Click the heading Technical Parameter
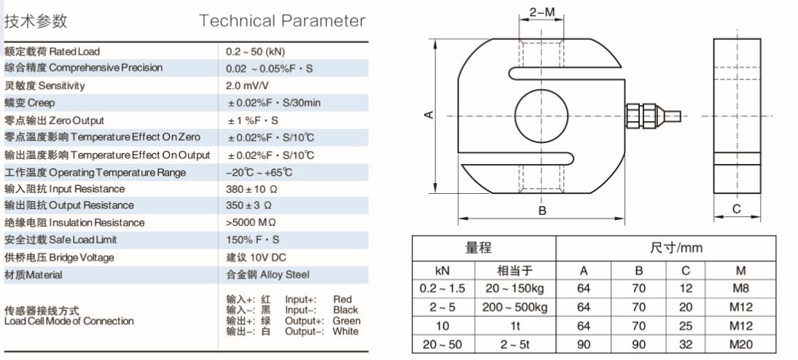tap(282, 21)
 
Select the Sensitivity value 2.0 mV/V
tap(248, 85)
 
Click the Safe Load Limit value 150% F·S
tap(252, 239)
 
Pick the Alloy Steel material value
tap(267, 275)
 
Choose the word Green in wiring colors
tap(347, 321)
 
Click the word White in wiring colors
tap(345, 332)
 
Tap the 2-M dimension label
tap(541, 12)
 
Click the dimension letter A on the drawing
tap(429, 114)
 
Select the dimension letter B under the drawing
tap(542, 211)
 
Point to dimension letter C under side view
tap(737, 209)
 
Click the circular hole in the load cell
tap(541, 114)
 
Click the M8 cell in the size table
tap(741, 288)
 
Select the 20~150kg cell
tap(515, 289)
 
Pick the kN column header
tap(443, 270)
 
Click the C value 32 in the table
tap(686, 345)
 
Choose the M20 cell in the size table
tap(741, 345)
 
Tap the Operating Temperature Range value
tap(259, 172)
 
